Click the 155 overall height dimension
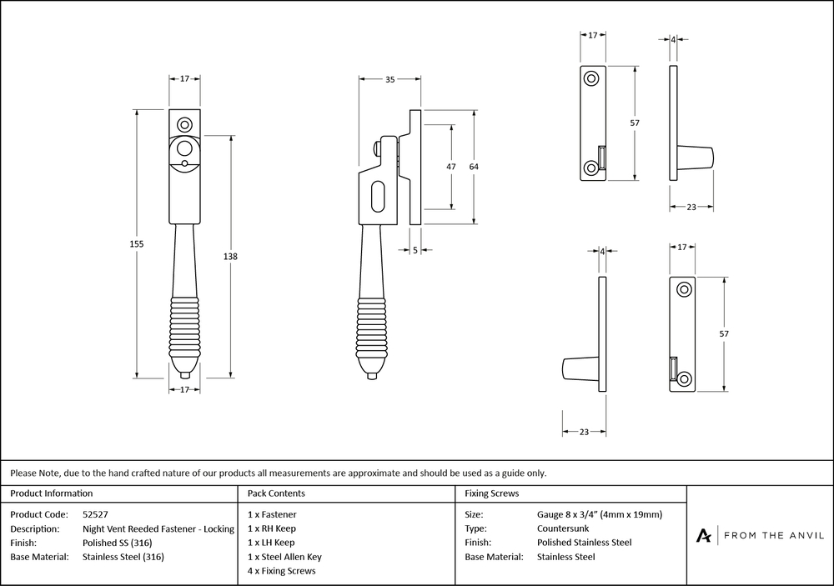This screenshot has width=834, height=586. coord(138,243)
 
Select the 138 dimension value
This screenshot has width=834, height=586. coord(231,257)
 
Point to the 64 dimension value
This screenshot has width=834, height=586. coord(474,167)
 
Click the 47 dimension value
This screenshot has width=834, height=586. coord(451,167)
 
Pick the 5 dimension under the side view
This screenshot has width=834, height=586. coord(415,250)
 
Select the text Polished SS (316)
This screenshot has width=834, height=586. coord(118,543)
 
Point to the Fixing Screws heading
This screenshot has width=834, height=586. coord(492,493)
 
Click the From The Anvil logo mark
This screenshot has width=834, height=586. coord(704,535)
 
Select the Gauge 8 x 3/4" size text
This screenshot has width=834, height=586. coord(600,514)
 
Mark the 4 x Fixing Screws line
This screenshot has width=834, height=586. coord(282,571)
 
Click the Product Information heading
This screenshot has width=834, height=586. coord(52,493)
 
